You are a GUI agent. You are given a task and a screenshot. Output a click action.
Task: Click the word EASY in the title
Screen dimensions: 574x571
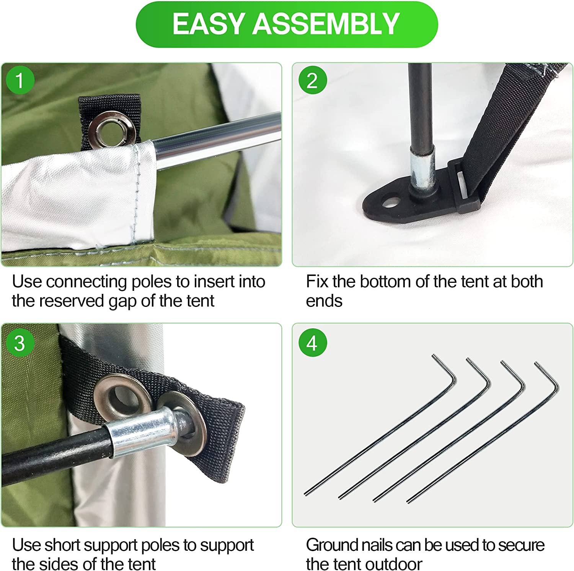pos(209,24)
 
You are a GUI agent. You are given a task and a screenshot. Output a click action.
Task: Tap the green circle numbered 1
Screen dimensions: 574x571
pos(20,80)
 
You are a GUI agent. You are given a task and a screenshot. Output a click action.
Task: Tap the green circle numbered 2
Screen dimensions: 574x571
pos(312,80)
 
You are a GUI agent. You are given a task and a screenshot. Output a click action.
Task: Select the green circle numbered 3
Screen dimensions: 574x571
pos(20,343)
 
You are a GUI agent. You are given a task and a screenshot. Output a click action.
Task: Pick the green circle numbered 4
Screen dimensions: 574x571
pos(312,343)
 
